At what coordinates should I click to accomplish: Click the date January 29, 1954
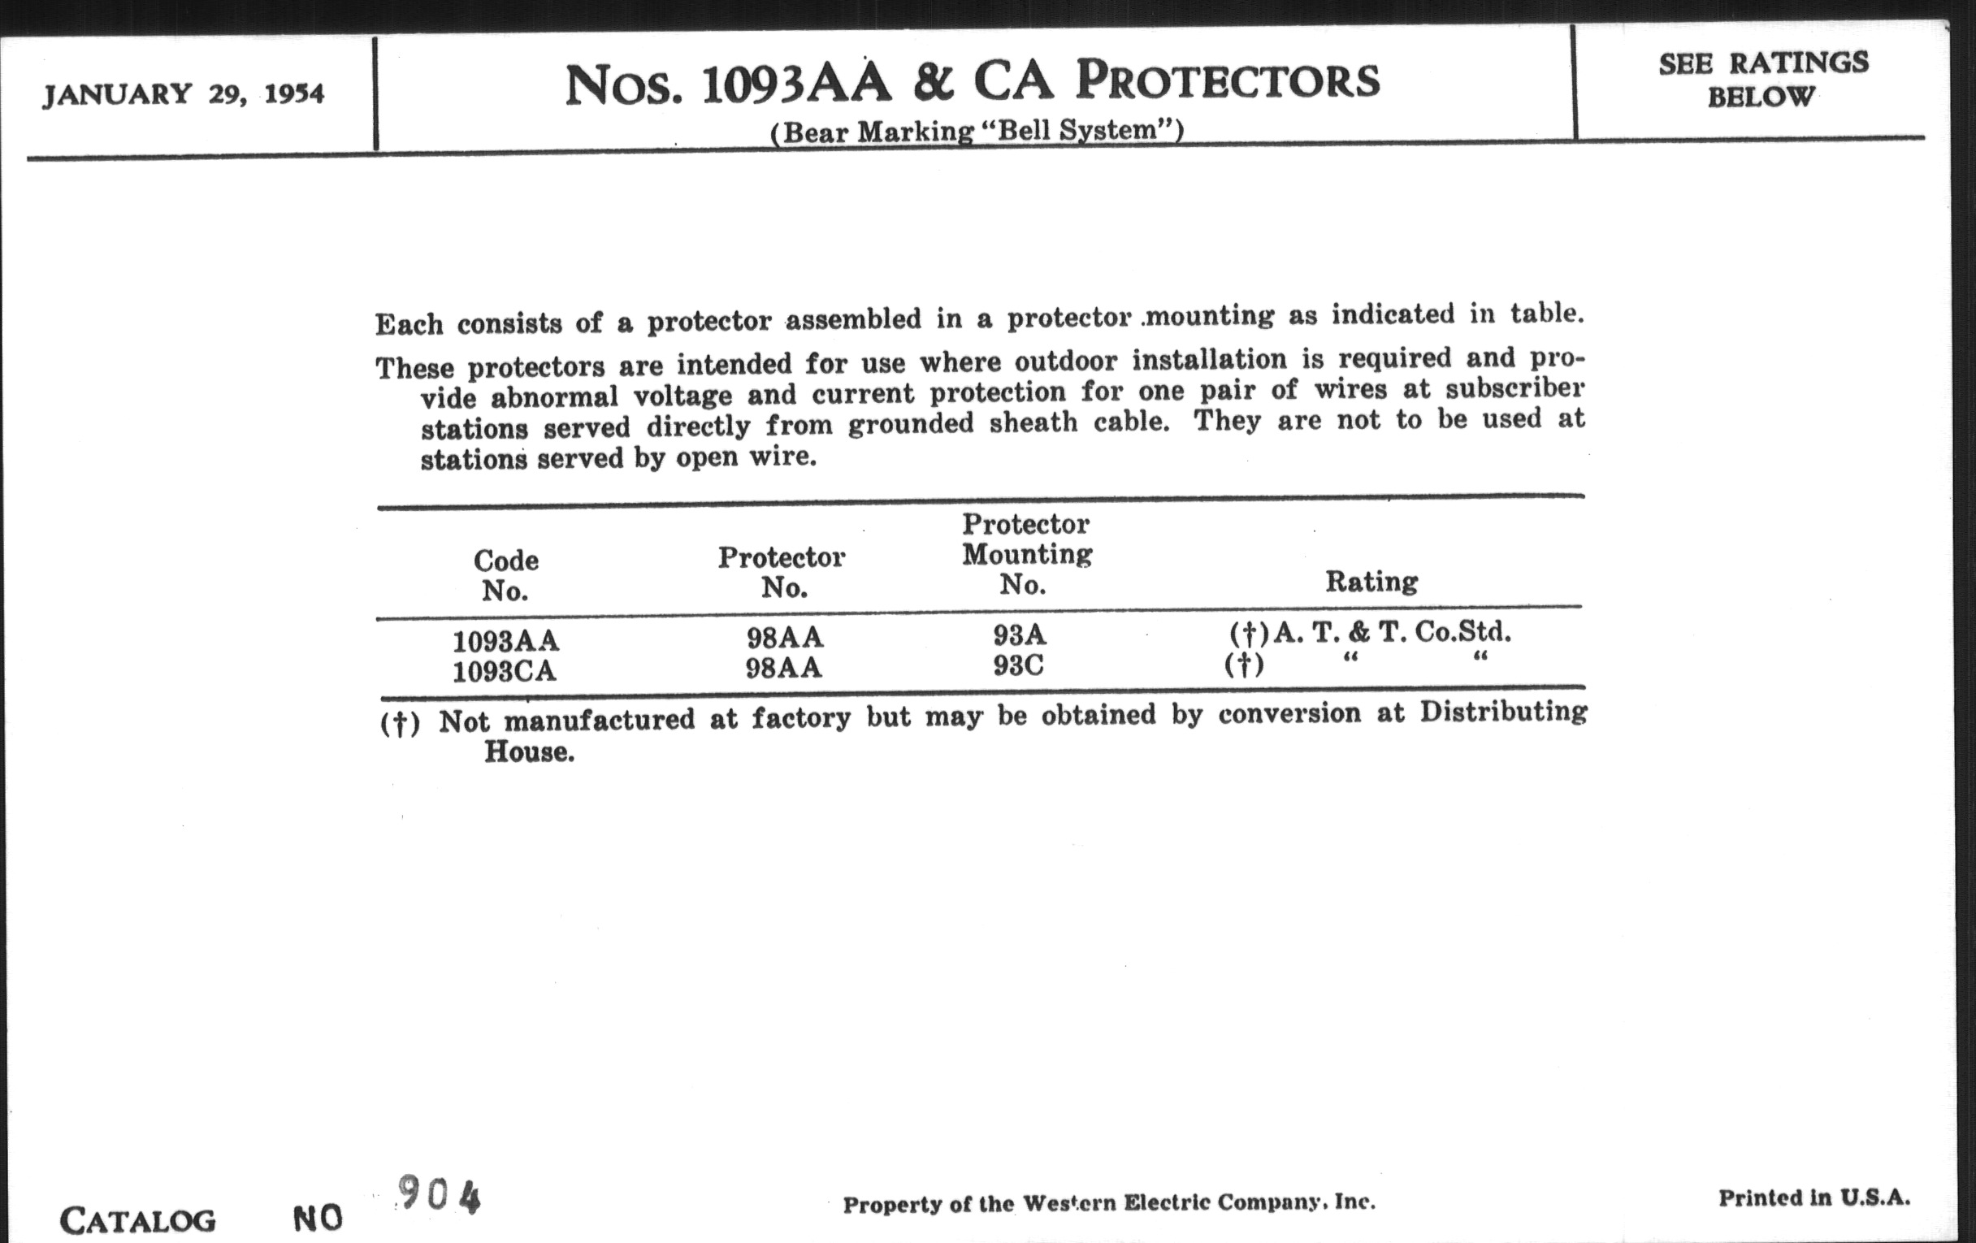(183, 94)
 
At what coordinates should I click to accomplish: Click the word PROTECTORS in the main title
(1228, 82)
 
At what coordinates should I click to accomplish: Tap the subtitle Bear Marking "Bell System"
(977, 132)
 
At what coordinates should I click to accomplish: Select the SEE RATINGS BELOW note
(1763, 80)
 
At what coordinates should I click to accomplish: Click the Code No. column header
(505, 575)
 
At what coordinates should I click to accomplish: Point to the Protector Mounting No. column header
(1025, 554)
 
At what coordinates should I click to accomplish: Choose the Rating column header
(1371, 582)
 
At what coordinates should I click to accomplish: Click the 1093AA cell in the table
(505, 640)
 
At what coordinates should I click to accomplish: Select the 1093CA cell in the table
(504, 672)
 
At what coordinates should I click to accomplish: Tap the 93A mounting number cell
(1019, 635)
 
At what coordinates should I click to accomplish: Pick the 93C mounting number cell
(1018, 665)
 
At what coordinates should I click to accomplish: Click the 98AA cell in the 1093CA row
(783, 669)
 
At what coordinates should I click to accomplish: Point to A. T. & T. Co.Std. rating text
(1391, 632)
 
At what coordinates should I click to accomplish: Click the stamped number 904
(439, 1194)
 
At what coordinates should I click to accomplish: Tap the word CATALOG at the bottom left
(138, 1221)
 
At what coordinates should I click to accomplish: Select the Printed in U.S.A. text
(1814, 1198)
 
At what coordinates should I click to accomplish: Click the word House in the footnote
(528, 752)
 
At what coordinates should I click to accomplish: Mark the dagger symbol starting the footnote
(400, 723)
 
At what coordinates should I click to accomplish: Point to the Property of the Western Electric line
(1108, 1204)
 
